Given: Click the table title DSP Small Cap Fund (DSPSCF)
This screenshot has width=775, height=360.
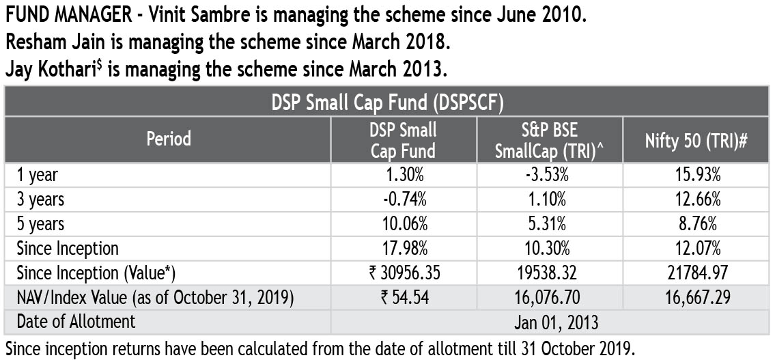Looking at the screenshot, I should [387, 102].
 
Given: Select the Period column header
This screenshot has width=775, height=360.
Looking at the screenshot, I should [168, 139].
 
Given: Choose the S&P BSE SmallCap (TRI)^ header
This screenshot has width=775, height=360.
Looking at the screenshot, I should [550, 140].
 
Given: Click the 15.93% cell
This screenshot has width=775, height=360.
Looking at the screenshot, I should [696, 175].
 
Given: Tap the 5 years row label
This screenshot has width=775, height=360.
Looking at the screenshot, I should [40, 224].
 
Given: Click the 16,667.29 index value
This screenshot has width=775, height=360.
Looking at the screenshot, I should [696, 298].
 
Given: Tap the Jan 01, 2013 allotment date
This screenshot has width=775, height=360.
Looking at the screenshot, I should [550, 322].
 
